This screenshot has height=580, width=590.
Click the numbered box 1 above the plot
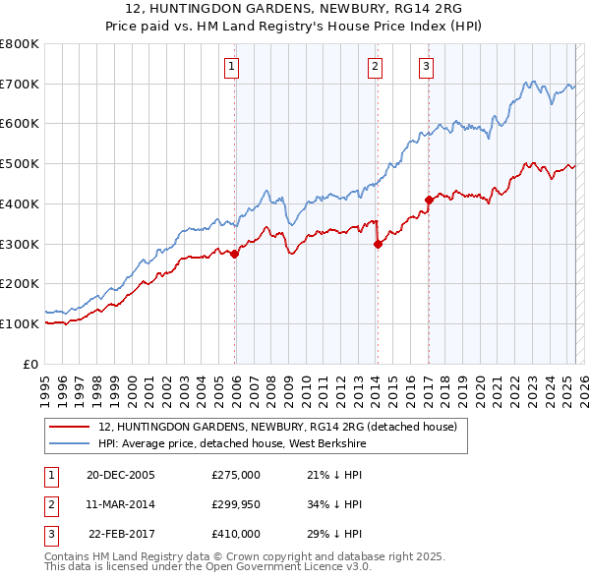tap(230, 67)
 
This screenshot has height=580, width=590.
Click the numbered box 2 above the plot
tap(376, 67)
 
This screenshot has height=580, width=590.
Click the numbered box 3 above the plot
tap(426, 67)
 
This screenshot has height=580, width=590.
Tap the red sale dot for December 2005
tap(235, 254)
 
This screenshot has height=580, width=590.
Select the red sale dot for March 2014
tap(378, 246)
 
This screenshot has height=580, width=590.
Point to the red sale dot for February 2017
tap(429, 200)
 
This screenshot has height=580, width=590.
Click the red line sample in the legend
tap(68, 428)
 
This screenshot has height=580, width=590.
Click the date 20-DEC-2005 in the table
tap(121, 474)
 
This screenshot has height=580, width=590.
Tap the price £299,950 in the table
tap(236, 504)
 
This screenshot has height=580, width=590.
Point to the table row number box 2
tap(50, 504)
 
